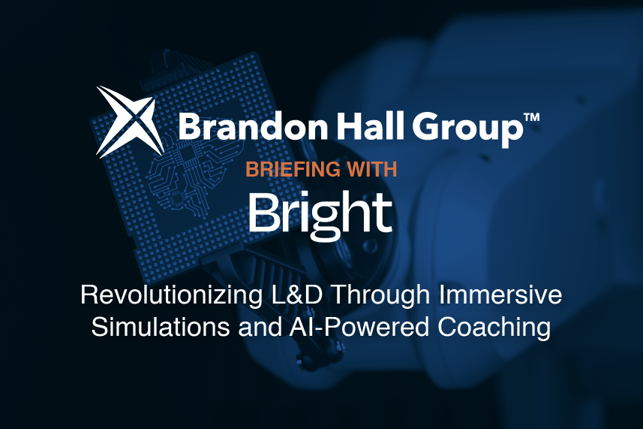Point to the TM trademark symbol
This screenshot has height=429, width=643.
[x=530, y=118]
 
